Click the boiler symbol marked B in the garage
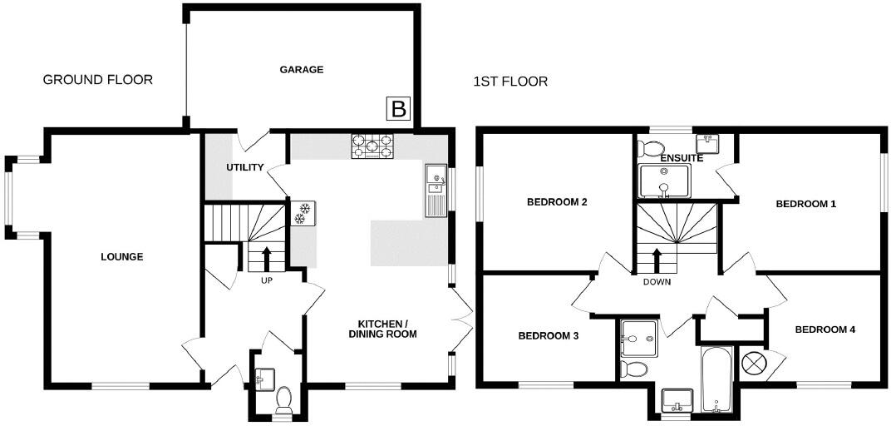[x=398, y=108]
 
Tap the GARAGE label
[x=301, y=70]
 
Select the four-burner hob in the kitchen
[x=372, y=146]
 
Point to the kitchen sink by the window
[x=436, y=190]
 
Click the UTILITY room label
[x=245, y=167]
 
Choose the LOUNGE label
[x=122, y=257]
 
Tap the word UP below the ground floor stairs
[x=267, y=280]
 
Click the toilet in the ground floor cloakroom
[x=283, y=400]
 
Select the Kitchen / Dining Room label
[x=382, y=329]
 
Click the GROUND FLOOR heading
[x=98, y=80]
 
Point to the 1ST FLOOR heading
[x=510, y=82]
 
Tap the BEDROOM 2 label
[x=557, y=202]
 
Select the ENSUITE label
[x=682, y=158]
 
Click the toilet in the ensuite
[x=646, y=149]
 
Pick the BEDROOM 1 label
[x=806, y=204]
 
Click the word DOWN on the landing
[x=657, y=282]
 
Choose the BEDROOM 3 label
[x=548, y=336]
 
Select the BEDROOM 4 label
[x=825, y=329]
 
